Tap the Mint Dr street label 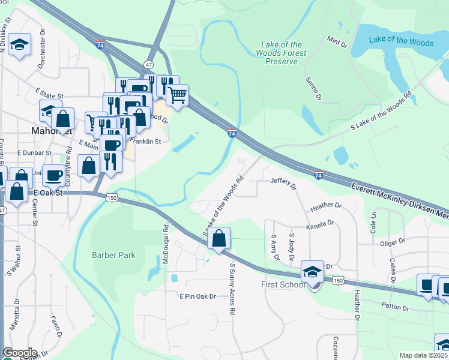click(x=337, y=41)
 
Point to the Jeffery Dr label click(x=284, y=182)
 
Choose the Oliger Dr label click(x=394, y=243)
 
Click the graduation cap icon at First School click(x=313, y=272)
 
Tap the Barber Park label click(x=113, y=255)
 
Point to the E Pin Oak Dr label click(x=197, y=296)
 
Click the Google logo click(x=19, y=352)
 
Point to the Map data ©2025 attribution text click(x=423, y=355)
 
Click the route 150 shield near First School click(x=339, y=281)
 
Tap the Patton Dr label click(x=397, y=308)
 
